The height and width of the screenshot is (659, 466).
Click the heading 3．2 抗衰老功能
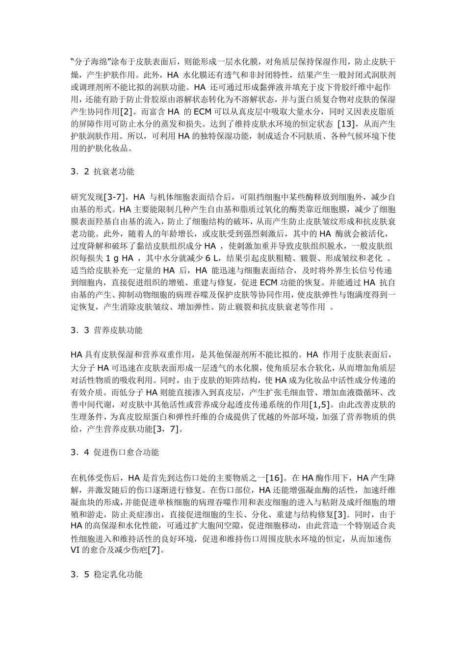pyautogui.click(x=103, y=172)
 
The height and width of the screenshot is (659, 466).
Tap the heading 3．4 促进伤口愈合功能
pyautogui.click(x=114, y=452)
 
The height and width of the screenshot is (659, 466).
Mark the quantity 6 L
pyautogui.click(x=212, y=258)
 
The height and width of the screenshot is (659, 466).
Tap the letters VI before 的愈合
pyautogui.click(x=76, y=551)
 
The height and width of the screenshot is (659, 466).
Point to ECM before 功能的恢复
pyautogui.click(x=268, y=282)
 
